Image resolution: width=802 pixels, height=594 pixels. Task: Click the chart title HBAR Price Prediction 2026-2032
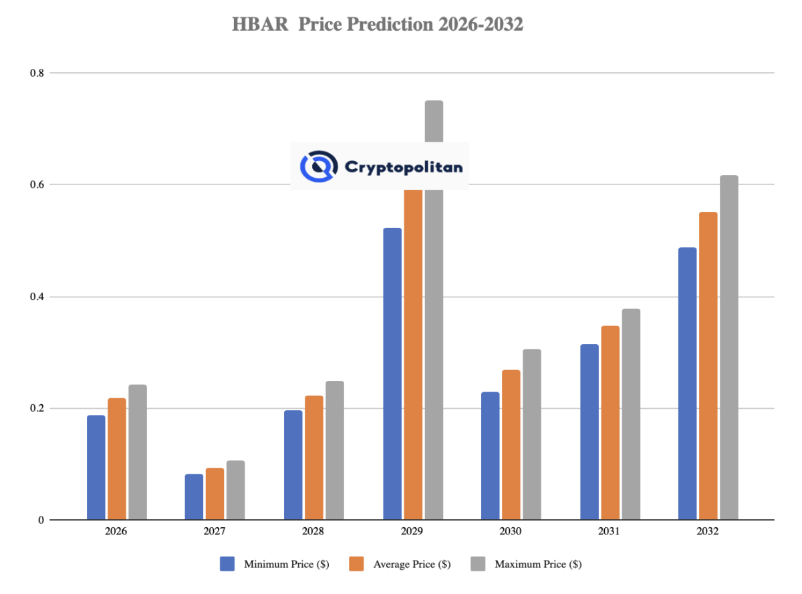point(378,25)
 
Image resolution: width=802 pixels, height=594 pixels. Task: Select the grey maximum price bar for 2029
point(434,334)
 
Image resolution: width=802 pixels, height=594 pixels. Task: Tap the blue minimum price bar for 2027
point(194,497)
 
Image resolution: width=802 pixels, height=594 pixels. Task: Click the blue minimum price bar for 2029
point(392,374)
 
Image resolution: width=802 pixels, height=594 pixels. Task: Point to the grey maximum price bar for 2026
point(138,452)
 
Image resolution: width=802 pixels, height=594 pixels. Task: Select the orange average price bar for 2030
point(511,445)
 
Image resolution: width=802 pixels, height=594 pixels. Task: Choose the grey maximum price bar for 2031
point(630,414)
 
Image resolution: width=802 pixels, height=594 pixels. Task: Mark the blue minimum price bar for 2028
point(293,465)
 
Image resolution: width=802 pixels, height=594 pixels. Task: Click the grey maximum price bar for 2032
point(728,347)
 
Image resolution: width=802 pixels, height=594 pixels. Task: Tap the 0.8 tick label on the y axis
point(37,73)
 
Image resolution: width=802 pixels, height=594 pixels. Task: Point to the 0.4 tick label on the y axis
point(37,297)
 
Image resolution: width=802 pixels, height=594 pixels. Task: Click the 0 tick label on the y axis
point(41,520)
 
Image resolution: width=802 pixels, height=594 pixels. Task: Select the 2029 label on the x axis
point(412,532)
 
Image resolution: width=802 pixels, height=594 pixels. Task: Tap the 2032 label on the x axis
point(707,532)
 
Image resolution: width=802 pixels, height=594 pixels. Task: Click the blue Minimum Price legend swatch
point(227,564)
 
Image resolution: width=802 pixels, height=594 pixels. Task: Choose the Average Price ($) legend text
point(411,564)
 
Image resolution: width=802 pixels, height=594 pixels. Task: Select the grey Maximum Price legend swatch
point(478,564)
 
